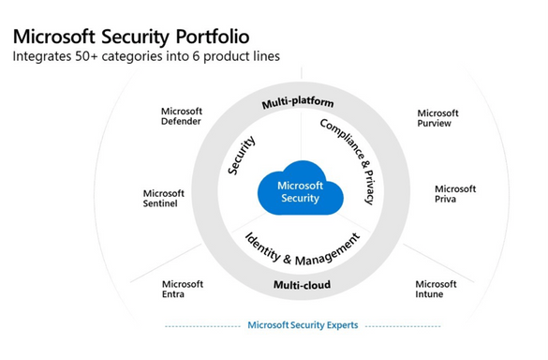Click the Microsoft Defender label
tap(182, 116)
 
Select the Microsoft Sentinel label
tap(163, 199)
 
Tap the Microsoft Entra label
tap(182, 289)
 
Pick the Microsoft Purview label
tap(437, 118)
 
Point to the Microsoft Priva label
tap(455, 194)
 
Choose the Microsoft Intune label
tap(436, 289)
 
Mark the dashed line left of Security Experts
tap(201, 326)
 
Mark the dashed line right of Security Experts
tap(404, 326)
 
